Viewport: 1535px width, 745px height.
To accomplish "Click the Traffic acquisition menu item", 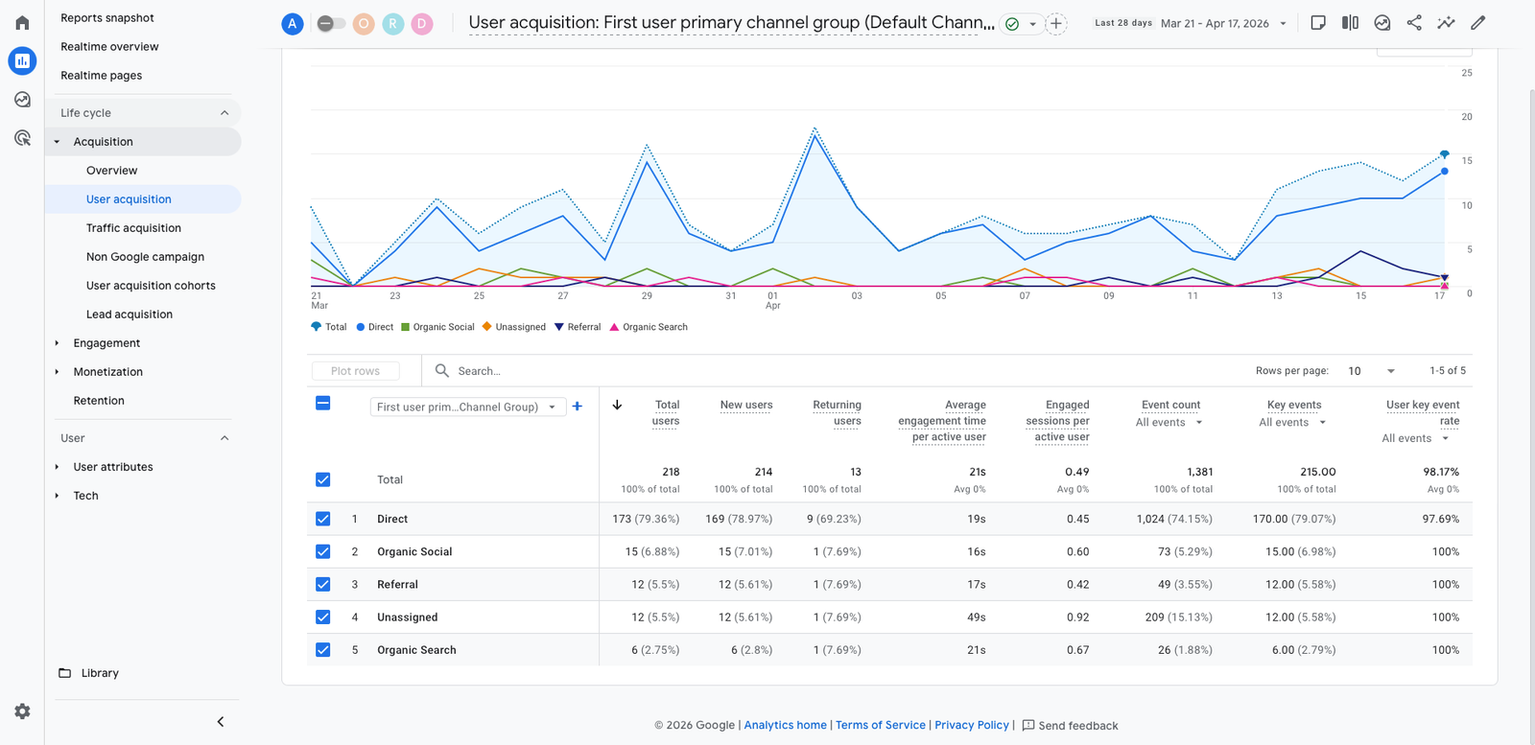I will (133, 228).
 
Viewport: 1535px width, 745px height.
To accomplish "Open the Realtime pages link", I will (101, 75).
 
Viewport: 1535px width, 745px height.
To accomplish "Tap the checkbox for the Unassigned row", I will (323, 617).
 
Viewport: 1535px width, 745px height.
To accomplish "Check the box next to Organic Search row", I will (323, 649).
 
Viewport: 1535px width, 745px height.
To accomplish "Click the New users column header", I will (745, 405).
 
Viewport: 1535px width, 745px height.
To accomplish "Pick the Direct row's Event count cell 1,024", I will (1173, 519).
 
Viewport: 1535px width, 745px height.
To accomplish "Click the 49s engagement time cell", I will (976, 617).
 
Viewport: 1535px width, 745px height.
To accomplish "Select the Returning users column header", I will (837, 412).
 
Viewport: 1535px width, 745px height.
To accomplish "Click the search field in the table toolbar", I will (576, 371).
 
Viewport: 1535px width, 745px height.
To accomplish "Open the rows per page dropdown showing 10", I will (1371, 371).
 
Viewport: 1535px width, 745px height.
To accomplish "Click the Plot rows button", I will (355, 371).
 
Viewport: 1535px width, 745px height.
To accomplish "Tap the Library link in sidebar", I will (100, 673).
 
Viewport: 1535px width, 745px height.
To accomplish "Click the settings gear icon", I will (22, 711).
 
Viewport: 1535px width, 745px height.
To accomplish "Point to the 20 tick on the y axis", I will (1466, 117).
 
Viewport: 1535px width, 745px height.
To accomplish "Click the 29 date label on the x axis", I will (647, 296).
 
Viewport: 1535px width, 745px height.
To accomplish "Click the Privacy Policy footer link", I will (971, 725).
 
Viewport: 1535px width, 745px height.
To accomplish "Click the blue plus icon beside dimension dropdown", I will (577, 407).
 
